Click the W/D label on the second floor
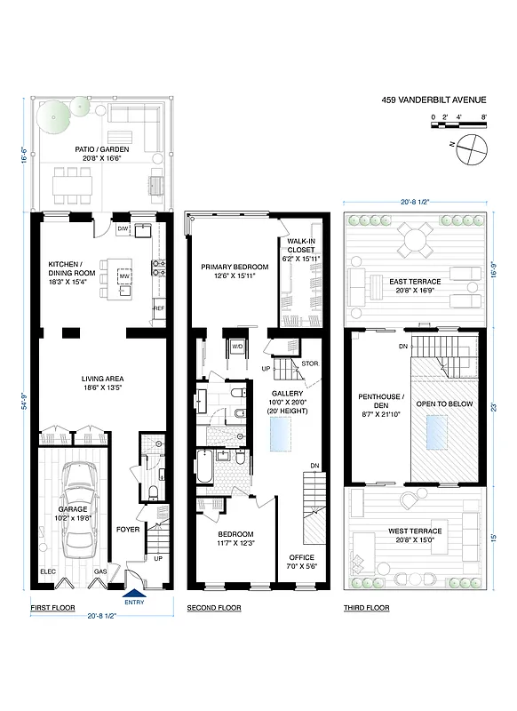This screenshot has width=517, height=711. [x=238, y=346]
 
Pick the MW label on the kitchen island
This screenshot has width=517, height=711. [x=124, y=276]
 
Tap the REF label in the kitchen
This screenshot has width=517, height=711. [x=159, y=308]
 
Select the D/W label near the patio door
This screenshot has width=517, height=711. [x=123, y=229]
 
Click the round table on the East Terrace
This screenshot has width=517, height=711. [x=413, y=237]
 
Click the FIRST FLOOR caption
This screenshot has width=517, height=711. [x=53, y=608]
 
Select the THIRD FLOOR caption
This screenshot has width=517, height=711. [x=367, y=608]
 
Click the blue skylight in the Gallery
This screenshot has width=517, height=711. [x=282, y=433]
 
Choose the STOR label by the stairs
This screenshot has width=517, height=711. [x=309, y=363]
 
